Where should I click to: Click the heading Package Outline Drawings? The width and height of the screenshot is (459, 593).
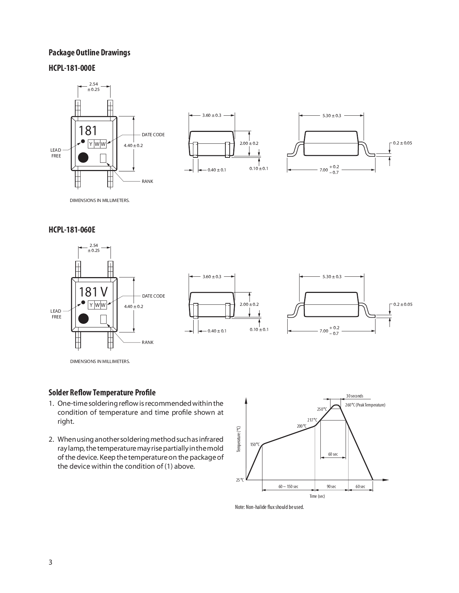[89, 53]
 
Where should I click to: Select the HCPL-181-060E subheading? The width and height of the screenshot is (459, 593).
[72, 230]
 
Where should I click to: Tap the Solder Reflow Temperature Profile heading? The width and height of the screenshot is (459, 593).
[102, 392]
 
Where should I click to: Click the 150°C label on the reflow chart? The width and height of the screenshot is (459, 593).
[255, 445]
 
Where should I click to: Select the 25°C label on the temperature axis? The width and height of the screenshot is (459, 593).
[240, 480]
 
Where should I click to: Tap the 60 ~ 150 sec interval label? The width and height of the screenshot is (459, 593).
[288, 487]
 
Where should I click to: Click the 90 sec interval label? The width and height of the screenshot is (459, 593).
[331, 487]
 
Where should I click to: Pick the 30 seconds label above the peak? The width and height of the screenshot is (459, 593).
[355, 396]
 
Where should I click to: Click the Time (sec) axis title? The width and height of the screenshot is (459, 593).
[317, 496]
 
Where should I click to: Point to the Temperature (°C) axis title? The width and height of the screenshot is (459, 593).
[238, 439]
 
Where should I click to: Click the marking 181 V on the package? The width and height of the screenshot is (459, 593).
[93, 291]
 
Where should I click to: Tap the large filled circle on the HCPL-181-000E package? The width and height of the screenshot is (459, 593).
[83, 158]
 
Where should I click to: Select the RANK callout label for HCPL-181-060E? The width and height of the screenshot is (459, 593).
[147, 343]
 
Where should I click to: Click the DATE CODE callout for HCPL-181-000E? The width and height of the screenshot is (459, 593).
[153, 135]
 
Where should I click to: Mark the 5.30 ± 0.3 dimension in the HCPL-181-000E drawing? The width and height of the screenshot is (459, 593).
[332, 116]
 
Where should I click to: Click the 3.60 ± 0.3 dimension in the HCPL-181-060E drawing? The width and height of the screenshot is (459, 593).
[212, 277]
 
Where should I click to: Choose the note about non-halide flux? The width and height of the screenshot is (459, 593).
[269, 507]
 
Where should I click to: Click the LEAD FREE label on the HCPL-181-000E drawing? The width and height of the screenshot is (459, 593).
[56, 153]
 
